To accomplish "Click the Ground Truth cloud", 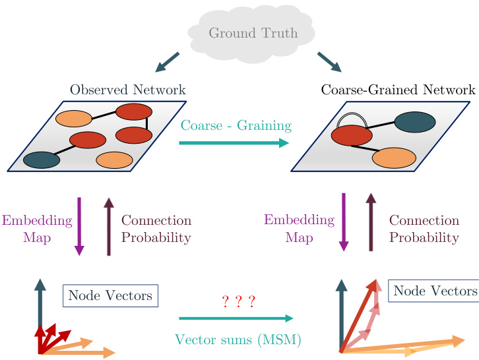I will click(253, 32).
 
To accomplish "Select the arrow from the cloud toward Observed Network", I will click(167, 62).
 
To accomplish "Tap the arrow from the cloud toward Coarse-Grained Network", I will click(330, 62).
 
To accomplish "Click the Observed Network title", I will click(128, 90).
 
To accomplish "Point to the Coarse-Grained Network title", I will click(398, 90).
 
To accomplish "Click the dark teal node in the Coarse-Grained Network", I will click(415, 123).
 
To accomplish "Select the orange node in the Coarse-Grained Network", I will click(394, 158).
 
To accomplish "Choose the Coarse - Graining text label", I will click(236, 125).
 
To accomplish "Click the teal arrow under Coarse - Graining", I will click(234, 142).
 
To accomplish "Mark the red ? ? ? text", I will click(238, 302).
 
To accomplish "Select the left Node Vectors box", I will click(111, 295).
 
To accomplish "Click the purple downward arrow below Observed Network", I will click(79, 226).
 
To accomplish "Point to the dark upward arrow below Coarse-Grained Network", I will click(371, 223).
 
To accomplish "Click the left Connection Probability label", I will click(156, 229).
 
